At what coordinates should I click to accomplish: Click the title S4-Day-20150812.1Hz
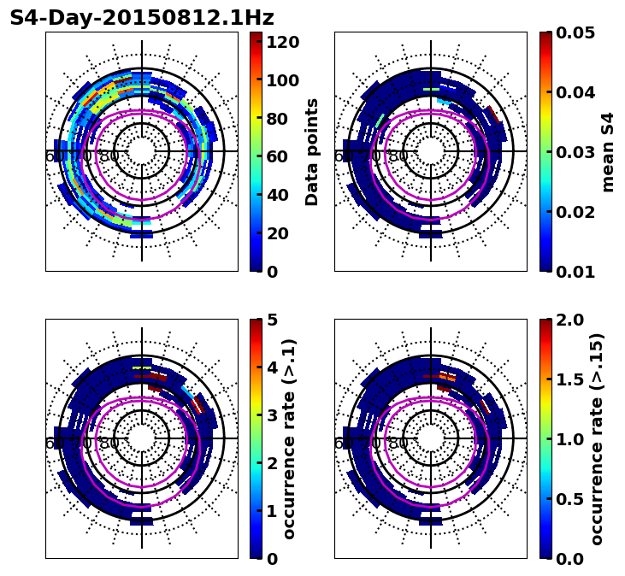[x=142, y=18]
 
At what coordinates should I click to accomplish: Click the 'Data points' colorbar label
[x=312, y=151]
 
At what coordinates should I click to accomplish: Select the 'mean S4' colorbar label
[x=608, y=151]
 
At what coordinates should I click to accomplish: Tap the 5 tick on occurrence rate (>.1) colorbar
[x=273, y=320]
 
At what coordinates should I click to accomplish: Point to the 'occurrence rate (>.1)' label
[x=290, y=438]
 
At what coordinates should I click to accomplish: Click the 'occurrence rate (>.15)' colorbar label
[x=597, y=438]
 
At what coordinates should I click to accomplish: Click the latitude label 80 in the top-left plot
[x=109, y=156]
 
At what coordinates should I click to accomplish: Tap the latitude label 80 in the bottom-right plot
[x=398, y=444]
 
